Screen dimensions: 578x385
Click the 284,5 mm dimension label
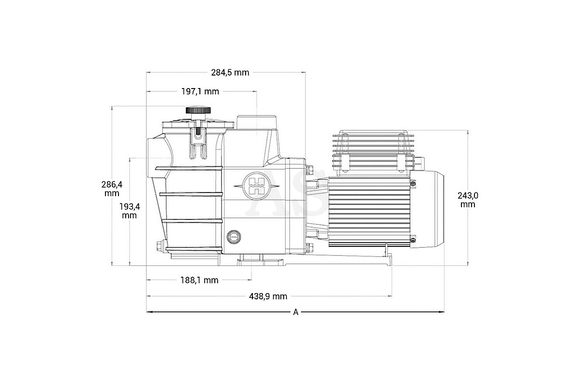click(230, 73)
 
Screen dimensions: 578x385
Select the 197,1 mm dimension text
click(200, 91)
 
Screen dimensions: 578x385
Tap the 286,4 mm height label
click(112, 189)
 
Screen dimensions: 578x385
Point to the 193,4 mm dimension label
click(130, 211)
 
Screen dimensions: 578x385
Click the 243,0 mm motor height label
click(468, 200)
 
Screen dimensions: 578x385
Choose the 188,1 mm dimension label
click(199, 280)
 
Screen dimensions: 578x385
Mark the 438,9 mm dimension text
click(268, 296)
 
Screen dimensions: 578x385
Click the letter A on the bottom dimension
click(296, 312)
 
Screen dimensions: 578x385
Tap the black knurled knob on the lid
click(198, 110)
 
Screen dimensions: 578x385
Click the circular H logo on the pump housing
click(256, 186)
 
